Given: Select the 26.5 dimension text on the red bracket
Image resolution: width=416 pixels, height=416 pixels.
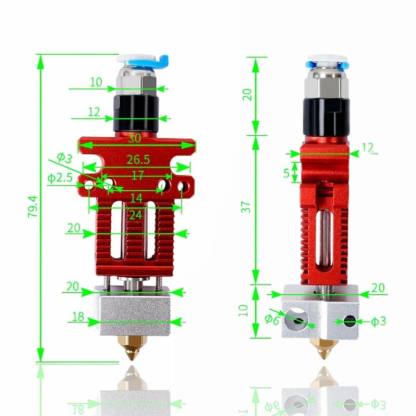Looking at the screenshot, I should pyautogui.click(x=138, y=160).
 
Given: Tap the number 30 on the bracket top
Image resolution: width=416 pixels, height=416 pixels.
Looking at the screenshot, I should pyautogui.click(x=134, y=139).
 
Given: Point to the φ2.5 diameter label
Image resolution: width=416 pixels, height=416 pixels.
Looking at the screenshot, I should pyautogui.click(x=60, y=178).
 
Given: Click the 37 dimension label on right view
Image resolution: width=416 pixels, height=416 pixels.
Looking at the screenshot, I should pyautogui.click(x=248, y=206).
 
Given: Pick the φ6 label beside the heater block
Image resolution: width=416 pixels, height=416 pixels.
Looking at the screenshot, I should pyautogui.click(x=271, y=319).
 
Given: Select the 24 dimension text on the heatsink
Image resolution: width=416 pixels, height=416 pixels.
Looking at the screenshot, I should pyautogui.click(x=135, y=214).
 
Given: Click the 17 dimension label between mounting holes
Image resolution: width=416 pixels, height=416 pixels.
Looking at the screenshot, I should pyautogui.click(x=137, y=175).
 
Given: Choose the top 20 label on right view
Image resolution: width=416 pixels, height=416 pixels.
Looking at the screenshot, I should pyautogui.click(x=248, y=94).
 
